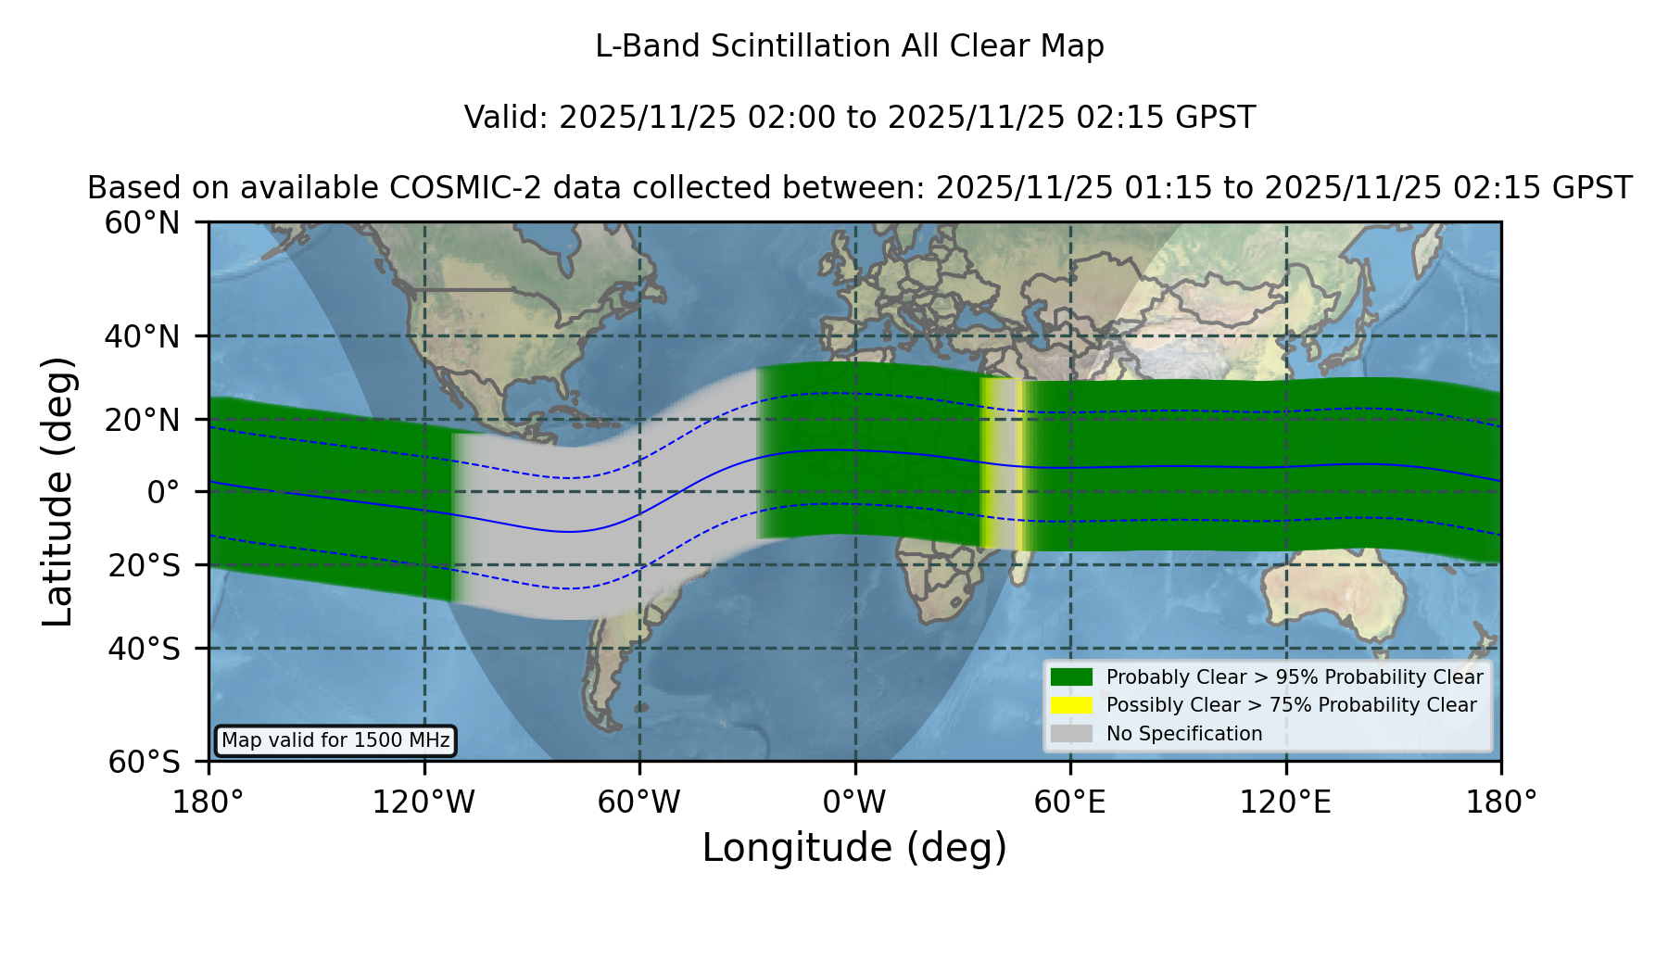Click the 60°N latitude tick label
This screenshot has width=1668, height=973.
(142, 223)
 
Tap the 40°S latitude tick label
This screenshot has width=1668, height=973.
(144, 649)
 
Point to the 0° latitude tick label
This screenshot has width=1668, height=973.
(163, 492)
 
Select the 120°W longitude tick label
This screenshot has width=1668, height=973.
(423, 802)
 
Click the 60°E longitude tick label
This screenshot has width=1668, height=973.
(1070, 802)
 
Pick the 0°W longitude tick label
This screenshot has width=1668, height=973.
(854, 802)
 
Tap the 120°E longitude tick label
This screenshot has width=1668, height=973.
(1285, 802)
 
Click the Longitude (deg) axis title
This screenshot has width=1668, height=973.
(854, 848)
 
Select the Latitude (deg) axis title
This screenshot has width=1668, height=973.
(57, 491)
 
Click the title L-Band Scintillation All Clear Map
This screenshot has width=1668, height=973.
(850, 46)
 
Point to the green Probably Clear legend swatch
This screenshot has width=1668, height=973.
(1072, 676)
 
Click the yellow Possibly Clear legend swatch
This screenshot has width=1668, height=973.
(1072, 705)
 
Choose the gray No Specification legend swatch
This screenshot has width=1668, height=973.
(1072, 734)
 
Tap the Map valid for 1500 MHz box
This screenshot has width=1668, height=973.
(335, 740)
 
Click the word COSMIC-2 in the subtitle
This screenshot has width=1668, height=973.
(449, 188)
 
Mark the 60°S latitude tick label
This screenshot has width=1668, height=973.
(144, 763)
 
